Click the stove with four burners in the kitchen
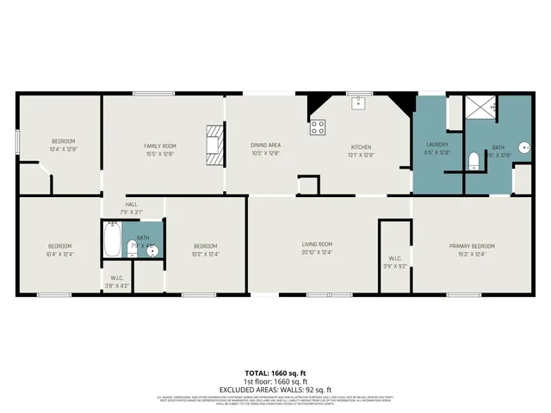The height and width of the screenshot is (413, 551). [318, 127]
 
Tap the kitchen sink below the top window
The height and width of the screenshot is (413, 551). [359, 103]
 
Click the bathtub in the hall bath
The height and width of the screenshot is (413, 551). [112, 239]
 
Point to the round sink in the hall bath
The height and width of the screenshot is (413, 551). [152, 252]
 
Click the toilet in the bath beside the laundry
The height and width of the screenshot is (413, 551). [473, 160]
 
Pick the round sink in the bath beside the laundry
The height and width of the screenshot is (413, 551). [523, 145]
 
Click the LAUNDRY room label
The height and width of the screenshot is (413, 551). [437, 144]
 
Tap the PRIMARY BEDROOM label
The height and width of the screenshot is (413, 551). [472, 246]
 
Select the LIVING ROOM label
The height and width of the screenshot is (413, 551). [317, 244]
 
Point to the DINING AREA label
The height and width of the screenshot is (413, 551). [265, 145]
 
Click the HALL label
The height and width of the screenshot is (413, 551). [132, 204]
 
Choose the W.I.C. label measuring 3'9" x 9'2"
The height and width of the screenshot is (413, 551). [395, 258]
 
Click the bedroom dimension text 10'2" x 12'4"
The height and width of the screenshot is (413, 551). [205, 254]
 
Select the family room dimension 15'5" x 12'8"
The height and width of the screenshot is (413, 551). [160, 154]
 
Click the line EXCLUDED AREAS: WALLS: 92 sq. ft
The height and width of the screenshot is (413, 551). [275, 389]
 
